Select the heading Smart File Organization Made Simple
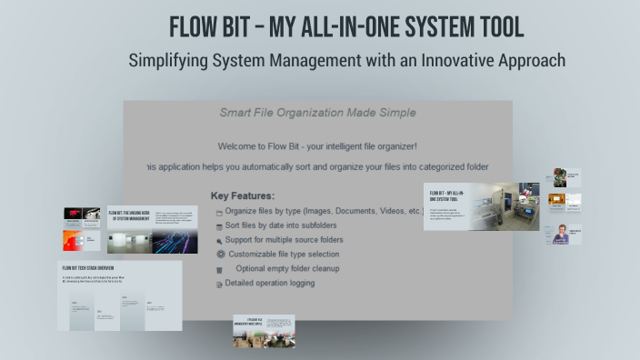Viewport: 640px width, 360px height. point(317,113)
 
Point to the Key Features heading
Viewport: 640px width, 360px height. point(243,195)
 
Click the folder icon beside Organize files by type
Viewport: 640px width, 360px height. point(219,212)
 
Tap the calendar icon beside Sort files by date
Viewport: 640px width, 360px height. point(219,226)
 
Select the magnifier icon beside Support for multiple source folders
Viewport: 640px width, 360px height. point(219,241)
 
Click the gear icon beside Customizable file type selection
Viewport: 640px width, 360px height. point(220,255)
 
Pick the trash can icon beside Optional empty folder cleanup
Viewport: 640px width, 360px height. point(219,269)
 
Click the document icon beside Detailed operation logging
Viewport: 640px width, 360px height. point(219,284)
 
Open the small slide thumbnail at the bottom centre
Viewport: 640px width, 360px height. point(264,331)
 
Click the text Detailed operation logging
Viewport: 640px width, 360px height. point(270,283)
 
